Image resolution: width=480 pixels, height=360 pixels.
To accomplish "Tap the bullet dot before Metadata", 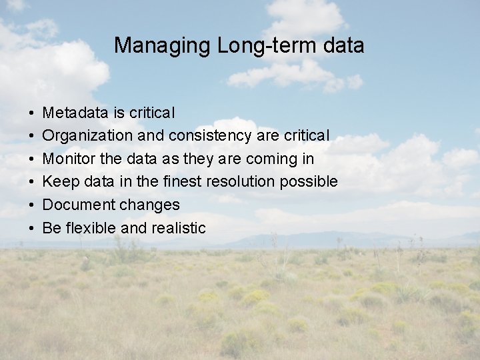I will (x=32, y=113).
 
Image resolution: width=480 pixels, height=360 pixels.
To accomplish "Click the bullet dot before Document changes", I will (x=32, y=205).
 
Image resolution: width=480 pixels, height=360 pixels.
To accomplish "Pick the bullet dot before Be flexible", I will (x=32, y=228).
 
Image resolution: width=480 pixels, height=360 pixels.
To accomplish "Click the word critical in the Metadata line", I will (x=152, y=113).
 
